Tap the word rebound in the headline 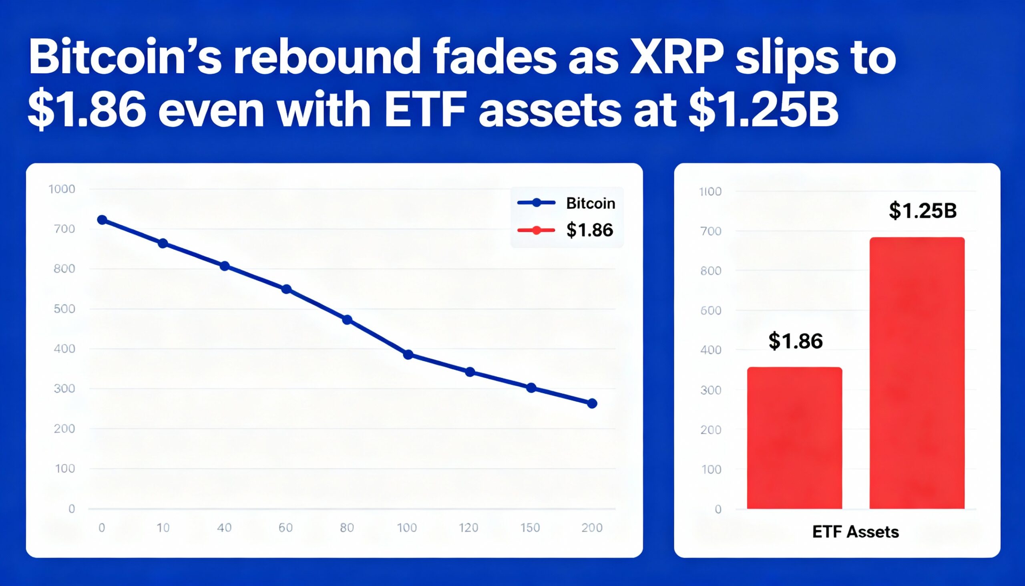coord(326,58)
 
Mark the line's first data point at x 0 coord(102,220)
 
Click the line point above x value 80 coord(347,320)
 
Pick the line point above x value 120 coord(469,372)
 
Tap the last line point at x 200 coord(592,404)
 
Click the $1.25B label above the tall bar coord(922,211)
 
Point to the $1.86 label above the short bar coord(795,341)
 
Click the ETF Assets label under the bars coord(855,532)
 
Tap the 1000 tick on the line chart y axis coord(62,189)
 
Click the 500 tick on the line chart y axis coord(64,309)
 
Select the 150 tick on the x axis coord(530,528)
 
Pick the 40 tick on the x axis coord(224,528)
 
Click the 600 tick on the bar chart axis coord(711,310)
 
